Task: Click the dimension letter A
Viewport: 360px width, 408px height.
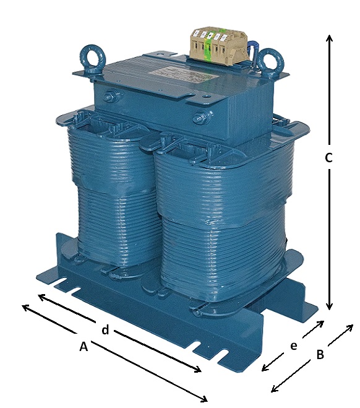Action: [x=84, y=347]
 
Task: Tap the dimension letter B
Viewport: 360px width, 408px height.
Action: [x=320, y=355]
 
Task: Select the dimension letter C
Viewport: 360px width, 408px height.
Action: [x=329, y=158]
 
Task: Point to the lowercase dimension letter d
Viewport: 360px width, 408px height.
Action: [x=105, y=329]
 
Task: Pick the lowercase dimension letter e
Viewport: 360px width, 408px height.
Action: [x=293, y=346]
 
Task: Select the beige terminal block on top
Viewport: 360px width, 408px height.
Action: [x=220, y=46]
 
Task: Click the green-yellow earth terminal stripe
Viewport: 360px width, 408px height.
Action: [x=208, y=47]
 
